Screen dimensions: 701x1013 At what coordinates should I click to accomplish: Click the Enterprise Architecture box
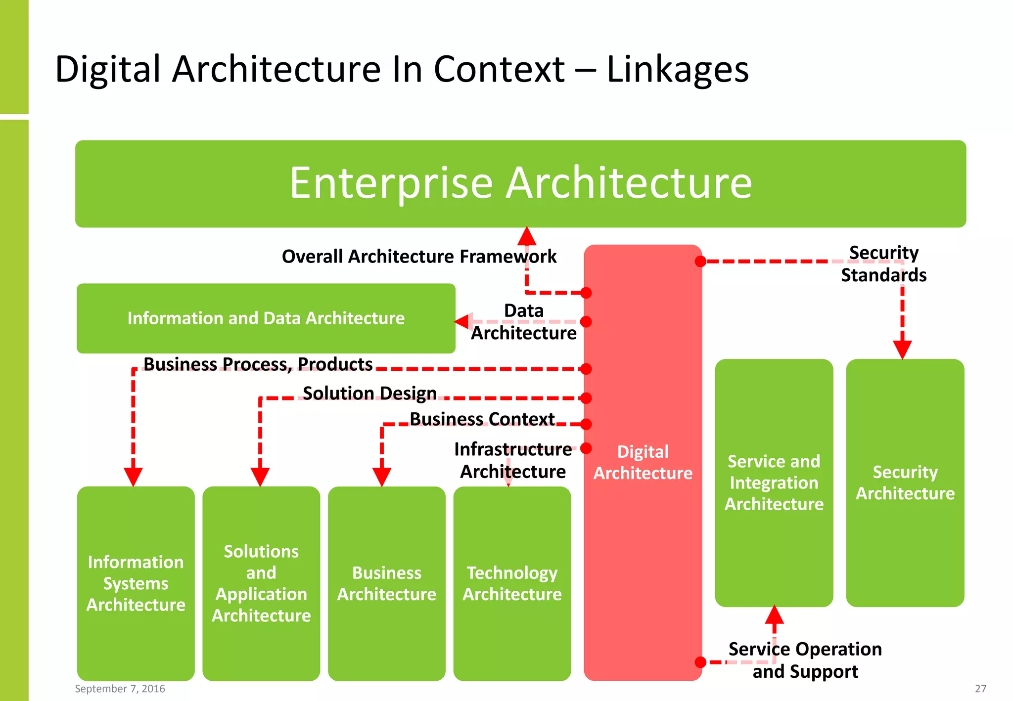[520, 183]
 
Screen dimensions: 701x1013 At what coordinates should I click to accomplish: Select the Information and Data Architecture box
[266, 318]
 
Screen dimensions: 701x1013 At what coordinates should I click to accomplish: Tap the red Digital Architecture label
[643, 462]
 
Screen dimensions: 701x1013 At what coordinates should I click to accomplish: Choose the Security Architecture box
[905, 482]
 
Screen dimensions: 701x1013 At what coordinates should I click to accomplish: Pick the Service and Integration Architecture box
[774, 482]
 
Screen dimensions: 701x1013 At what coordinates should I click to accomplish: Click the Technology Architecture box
[512, 583]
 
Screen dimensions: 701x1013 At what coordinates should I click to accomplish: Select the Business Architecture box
[386, 583]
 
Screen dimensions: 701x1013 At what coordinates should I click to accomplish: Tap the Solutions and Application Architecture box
[261, 583]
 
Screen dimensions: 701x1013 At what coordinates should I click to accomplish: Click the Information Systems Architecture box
[136, 583]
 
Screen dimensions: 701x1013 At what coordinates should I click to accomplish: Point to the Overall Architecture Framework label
[418, 257]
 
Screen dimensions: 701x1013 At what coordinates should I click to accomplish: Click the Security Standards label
[883, 264]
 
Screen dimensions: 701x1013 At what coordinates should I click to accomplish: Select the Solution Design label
[369, 394]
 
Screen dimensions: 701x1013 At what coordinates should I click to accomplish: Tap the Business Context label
[482, 419]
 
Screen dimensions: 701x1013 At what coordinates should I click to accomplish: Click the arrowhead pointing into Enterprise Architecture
[527, 236]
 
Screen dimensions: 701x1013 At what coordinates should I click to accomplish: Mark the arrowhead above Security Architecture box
[902, 350]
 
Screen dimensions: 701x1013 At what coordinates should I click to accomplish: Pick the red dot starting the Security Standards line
[700, 261]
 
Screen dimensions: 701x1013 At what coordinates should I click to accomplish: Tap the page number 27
[980, 689]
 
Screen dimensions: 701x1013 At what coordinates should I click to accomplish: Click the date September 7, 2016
[120, 689]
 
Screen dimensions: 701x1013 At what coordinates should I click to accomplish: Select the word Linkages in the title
[677, 69]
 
